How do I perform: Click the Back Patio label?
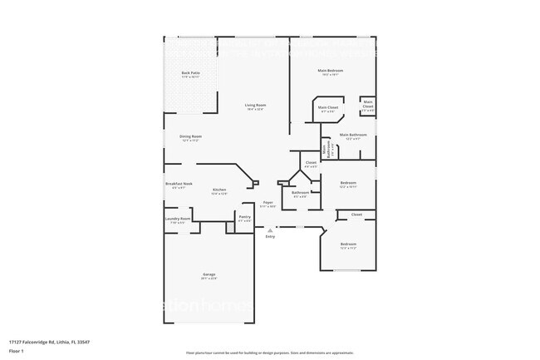(190, 73)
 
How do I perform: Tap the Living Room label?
(255, 105)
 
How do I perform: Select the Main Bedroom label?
(331, 71)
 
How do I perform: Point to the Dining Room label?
(191, 136)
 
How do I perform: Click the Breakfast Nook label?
(179, 184)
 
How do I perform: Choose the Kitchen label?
(219, 190)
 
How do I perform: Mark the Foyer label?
(268, 202)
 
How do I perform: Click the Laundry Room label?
(177, 219)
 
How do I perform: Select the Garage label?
(209, 274)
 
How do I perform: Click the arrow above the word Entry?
(270, 229)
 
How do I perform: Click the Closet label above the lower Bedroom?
(356, 215)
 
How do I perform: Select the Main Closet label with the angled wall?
(327, 107)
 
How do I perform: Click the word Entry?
(270, 237)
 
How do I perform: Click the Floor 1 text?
(17, 352)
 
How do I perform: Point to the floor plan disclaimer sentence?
(270, 353)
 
